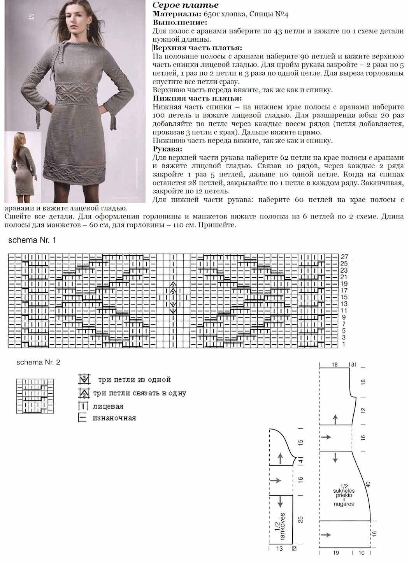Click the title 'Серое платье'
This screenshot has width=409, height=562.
(185, 5)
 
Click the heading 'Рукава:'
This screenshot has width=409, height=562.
(168, 149)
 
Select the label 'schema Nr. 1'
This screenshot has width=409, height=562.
(32, 240)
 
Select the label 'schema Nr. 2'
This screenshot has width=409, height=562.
(38, 362)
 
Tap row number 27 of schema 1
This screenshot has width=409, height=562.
(344, 257)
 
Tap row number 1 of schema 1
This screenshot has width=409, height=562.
(344, 344)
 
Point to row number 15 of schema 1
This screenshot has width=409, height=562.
(344, 297)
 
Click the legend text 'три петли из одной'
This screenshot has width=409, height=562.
(134, 379)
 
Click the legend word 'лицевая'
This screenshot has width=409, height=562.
(108, 406)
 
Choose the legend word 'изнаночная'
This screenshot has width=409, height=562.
(114, 418)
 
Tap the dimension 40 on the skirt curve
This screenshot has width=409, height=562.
(368, 485)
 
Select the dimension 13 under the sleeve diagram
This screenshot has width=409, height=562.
(279, 548)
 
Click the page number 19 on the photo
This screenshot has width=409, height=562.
(32, 16)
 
